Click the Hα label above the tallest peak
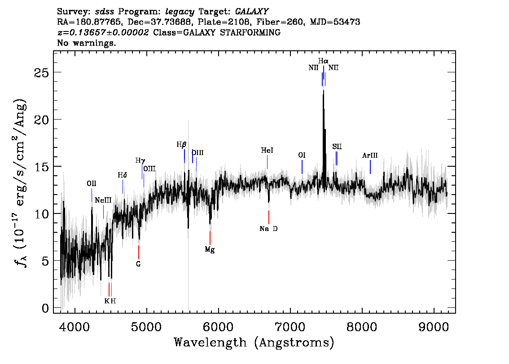tap(323, 61)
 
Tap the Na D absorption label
tap(268, 229)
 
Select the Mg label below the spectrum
tap(210, 249)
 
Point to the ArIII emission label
tap(370, 155)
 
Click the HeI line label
tap(267, 151)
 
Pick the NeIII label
tap(103, 200)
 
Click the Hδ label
tap(123, 175)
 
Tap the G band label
tap(138, 264)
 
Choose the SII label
tap(337, 146)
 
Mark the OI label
tap(302, 155)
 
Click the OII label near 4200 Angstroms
tap(92, 184)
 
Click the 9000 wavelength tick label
tap(434, 327)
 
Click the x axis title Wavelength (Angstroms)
tap(254, 342)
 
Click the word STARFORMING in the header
tap(250, 32)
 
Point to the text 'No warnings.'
tap(86, 43)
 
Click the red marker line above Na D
tap(269, 217)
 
